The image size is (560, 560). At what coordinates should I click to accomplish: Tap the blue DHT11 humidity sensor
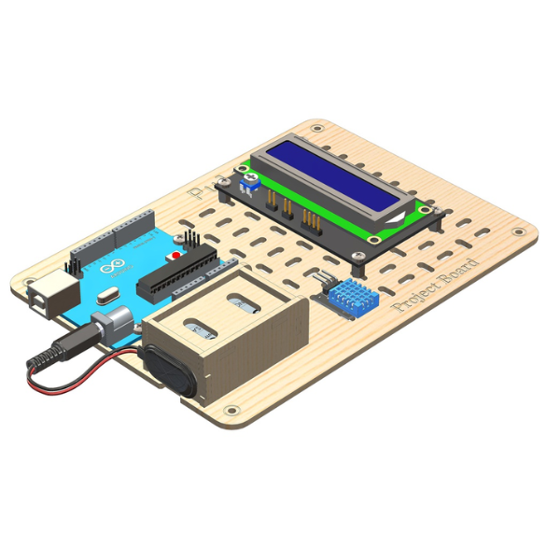point(353,298)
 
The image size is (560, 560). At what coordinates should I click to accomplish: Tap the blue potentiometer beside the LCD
point(249,181)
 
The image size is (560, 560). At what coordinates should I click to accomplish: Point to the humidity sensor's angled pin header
point(323,279)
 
